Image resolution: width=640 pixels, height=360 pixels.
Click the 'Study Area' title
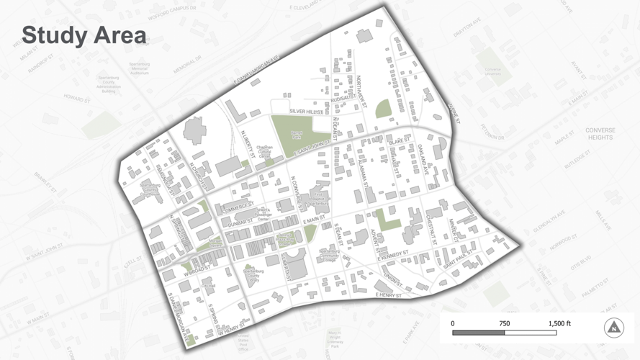tap(84, 35)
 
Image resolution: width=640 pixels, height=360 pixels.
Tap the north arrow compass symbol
tap(613, 328)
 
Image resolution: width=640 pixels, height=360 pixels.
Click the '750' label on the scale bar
tap(504, 323)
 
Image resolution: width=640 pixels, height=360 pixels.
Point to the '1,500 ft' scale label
tap(559, 323)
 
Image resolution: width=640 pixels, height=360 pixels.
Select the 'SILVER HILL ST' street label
tap(306, 112)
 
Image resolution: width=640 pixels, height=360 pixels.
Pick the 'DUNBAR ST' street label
tap(241, 223)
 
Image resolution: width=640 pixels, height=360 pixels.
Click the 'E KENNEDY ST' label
tap(392, 256)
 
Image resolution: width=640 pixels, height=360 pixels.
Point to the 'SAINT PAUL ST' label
tap(458, 261)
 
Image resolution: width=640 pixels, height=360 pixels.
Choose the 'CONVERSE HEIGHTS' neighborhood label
tap(600, 134)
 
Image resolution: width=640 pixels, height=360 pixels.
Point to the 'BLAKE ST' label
tap(399, 142)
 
